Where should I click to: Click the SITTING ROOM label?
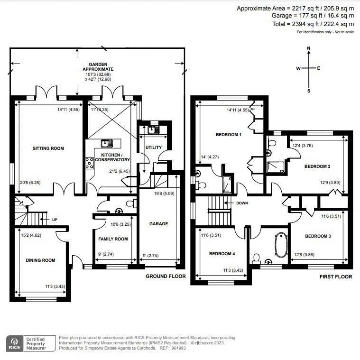(x=48, y=148)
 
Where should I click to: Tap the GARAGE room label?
(x=158, y=224)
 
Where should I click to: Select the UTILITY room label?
(x=154, y=148)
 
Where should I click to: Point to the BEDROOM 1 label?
(x=229, y=135)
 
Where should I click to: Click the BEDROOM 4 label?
(x=222, y=254)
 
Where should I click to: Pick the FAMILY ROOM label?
(x=113, y=239)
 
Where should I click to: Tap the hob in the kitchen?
(x=89, y=163)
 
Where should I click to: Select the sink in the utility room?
(x=153, y=129)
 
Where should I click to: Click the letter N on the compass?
(x=309, y=48)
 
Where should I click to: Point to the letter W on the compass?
(x=298, y=69)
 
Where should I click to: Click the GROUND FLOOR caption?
(x=166, y=276)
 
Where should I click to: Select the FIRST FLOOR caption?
(x=335, y=277)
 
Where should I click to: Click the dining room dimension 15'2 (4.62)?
(x=31, y=234)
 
